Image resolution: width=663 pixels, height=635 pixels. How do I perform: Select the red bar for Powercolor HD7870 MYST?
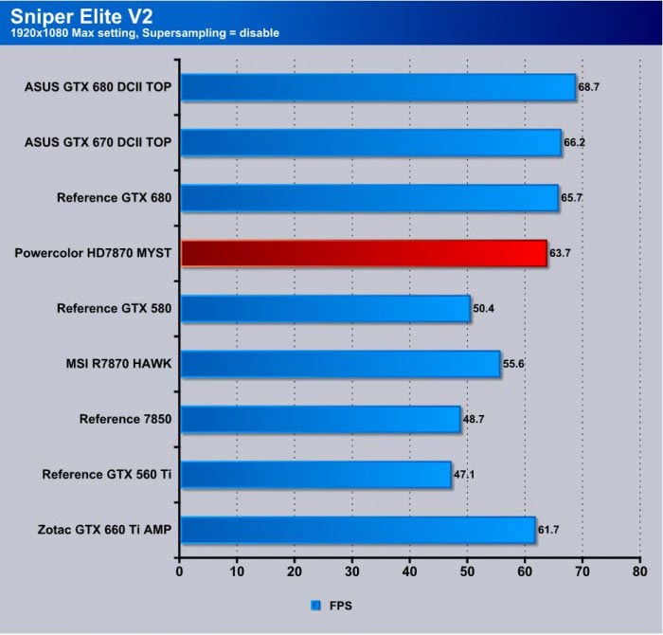[x=364, y=253]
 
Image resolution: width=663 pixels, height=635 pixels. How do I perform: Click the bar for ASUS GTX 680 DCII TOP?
[x=378, y=87]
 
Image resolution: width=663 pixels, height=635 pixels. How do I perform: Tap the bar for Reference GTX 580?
[x=325, y=308]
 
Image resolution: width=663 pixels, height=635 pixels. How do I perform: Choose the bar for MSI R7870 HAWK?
[x=340, y=363]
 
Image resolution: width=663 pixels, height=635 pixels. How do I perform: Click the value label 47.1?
[x=465, y=474]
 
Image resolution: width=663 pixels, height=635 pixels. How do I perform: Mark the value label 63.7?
[x=561, y=253]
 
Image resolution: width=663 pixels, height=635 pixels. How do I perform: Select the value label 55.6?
[x=514, y=363]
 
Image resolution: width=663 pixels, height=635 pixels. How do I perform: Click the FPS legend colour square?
[x=315, y=604]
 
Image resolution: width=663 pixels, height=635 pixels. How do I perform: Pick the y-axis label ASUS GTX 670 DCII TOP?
[x=99, y=142]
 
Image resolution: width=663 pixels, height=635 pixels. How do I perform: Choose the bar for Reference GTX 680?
[x=369, y=197]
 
